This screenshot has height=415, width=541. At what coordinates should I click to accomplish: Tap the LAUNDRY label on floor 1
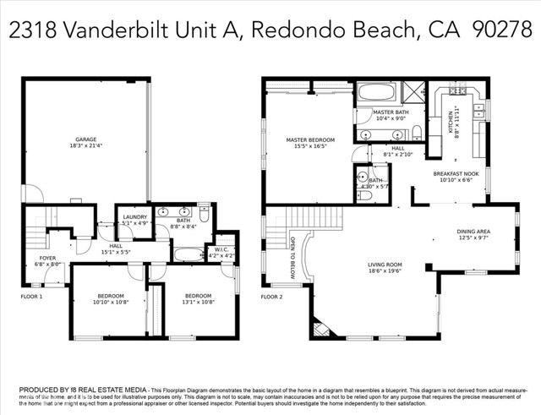point(134,217)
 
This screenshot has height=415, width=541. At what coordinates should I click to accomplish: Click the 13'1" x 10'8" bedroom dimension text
point(198,301)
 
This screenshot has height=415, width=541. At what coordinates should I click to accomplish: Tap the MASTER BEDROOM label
point(309,139)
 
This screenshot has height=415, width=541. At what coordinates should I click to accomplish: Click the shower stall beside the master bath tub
point(413,93)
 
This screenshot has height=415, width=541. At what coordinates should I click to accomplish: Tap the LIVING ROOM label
point(385,265)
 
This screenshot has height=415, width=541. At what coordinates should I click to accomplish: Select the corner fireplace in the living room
point(320,327)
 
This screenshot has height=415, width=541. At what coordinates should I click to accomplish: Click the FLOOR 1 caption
point(31,297)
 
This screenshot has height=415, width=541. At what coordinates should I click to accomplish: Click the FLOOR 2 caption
point(271,297)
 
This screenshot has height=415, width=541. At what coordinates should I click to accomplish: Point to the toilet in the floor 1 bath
point(204,210)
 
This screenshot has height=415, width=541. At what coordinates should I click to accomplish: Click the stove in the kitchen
point(457,90)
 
